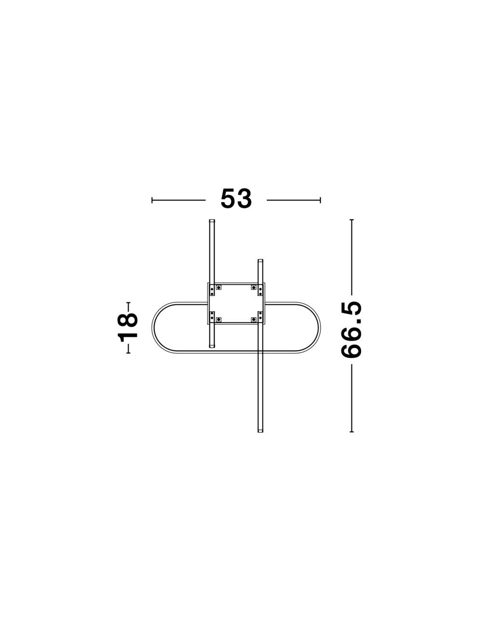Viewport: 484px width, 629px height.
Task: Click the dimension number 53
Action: tap(236, 198)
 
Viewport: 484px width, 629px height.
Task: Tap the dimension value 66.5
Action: tap(351, 329)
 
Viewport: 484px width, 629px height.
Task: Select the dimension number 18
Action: tap(127, 328)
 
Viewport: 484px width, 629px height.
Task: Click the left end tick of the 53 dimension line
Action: tap(152, 200)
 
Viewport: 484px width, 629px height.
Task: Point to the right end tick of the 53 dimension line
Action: tap(320, 200)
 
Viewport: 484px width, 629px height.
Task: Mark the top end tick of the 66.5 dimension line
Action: tap(351, 220)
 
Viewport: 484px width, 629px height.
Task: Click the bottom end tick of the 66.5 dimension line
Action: tap(351, 440)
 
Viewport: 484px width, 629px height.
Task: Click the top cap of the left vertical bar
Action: tap(212, 221)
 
